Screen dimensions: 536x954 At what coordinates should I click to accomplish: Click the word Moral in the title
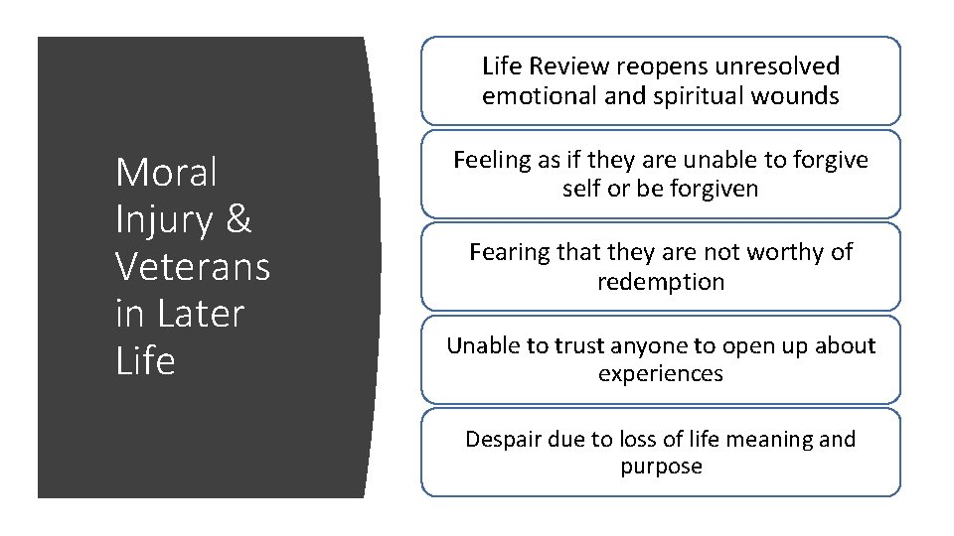pyautogui.click(x=166, y=173)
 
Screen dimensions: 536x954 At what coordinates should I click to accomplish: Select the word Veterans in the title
pyautogui.click(x=193, y=266)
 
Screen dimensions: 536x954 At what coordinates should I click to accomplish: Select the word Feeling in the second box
pyautogui.click(x=490, y=159)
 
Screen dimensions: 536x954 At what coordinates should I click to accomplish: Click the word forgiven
pyautogui.click(x=707, y=189)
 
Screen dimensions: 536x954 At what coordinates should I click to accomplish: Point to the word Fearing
pyautogui.click(x=507, y=252)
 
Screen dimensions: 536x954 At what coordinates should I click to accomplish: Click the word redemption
pyautogui.click(x=661, y=282)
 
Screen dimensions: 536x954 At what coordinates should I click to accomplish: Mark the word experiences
pyautogui.click(x=661, y=375)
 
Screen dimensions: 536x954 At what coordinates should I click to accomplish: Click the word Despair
pyautogui.click(x=502, y=439)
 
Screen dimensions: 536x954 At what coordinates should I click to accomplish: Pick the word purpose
pyautogui.click(x=661, y=468)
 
